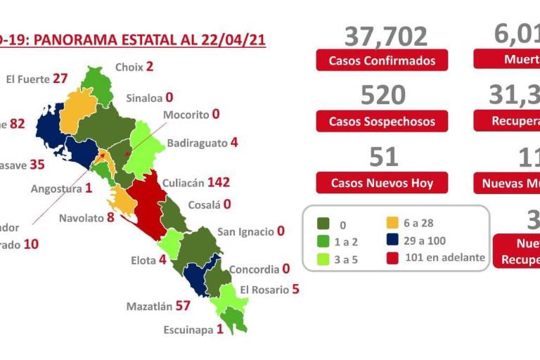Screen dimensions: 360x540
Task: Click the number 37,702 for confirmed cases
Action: (x=386, y=36)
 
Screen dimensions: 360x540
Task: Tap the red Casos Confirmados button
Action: (x=382, y=60)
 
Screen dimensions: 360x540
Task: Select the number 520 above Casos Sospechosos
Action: (x=383, y=96)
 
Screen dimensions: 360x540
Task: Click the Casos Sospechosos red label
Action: (x=382, y=122)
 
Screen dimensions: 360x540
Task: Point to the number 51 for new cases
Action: (x=384, y=157)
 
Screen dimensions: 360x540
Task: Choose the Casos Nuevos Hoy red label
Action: (x=382, y=184)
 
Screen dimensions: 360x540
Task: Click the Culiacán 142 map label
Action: (x=196, y=183)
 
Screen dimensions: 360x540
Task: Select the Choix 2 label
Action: (x=134, y=67)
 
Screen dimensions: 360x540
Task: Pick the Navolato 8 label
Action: (x=86, y=218)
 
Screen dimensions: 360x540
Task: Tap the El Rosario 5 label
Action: (x=270, y=289)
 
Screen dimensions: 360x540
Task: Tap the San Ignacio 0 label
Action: (x=250, y=231)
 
